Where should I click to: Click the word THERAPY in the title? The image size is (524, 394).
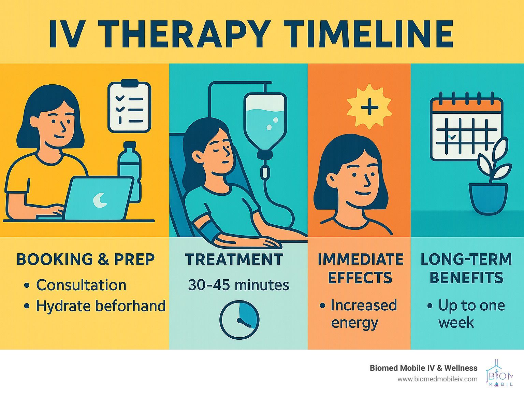tap(184, 34)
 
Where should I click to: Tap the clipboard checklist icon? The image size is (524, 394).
tap(129, 106)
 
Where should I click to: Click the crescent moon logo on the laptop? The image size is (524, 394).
tap(100, 200)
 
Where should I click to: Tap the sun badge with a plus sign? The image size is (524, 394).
tap(369, 107)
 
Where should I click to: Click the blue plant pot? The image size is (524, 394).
tap(488, 199)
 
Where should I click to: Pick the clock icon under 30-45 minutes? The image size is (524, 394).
tap(239, 320)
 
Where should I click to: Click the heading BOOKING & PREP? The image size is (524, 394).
tap(86, 259)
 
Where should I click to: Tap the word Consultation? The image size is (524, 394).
tap(81, 285)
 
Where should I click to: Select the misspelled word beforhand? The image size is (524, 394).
tap(130, 306)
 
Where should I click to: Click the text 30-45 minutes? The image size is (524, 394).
tap(238, 285)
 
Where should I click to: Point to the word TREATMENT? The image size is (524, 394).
tap(234, 259)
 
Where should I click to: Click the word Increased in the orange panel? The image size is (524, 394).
tap(364, 305)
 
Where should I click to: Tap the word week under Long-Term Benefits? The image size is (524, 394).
tap(456, 323)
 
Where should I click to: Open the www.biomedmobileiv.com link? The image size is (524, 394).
tap(437, 379)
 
